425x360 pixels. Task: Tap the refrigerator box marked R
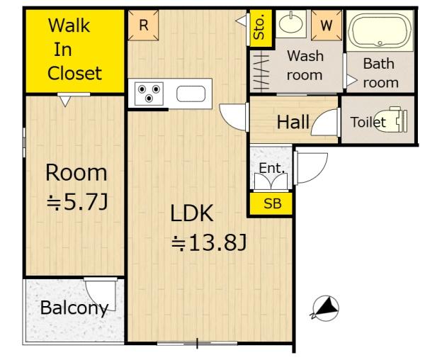tap(143, 26)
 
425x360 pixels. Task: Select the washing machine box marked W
tap(327, 26)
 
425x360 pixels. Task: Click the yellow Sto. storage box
tap(260, 28)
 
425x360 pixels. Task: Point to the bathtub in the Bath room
tap(380, 30)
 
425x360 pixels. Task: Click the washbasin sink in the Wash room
tap(291, 23)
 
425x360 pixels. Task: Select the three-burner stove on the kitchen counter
tap(149, 94)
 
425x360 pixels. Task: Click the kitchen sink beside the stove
tap(191, 94)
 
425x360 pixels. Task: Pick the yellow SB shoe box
tap(271, 203)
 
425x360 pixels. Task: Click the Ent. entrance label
tap(272, 168)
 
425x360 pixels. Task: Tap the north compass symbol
tap(326, 308)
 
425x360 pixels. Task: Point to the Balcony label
tap(74, 308)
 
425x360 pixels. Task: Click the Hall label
tap(293, 122)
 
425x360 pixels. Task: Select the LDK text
tap(192, 213)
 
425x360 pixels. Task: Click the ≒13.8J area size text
tap(209, 242)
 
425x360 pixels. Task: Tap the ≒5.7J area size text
tap(77, 202)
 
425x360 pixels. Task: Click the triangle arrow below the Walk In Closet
tap(65, 101)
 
